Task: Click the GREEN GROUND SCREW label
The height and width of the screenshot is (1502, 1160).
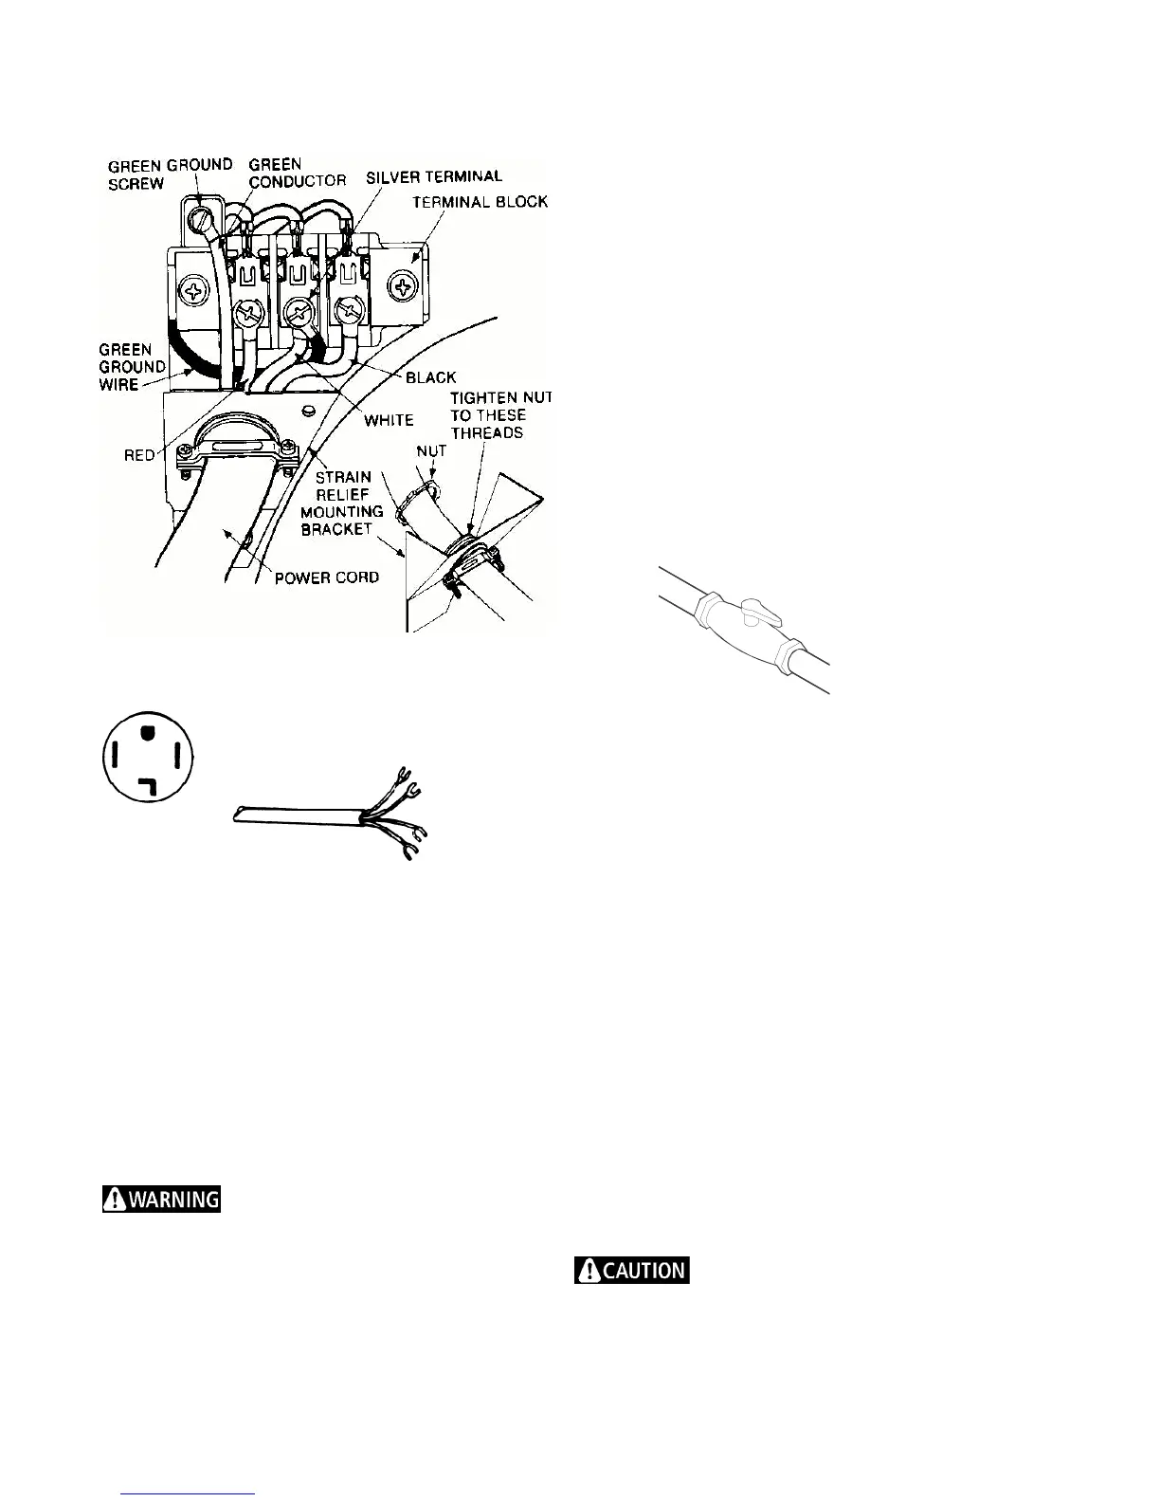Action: (x=170, y=174)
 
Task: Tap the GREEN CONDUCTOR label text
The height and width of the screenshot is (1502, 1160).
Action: (x=297, y=172)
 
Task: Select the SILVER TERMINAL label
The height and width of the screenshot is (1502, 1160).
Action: (x=434, y=176)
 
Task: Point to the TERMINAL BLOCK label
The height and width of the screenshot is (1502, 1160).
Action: (x=480, y=202)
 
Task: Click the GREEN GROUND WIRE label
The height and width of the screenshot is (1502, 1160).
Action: (x=133, y=367)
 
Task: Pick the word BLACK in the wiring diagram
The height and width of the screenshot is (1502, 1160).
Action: (x=430, y=377)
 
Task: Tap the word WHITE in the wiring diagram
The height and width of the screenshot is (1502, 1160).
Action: (x=389, y=419)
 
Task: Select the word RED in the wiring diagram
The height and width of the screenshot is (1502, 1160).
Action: (x=140, y=456)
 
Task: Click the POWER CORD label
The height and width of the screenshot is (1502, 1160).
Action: (x=327, y=577)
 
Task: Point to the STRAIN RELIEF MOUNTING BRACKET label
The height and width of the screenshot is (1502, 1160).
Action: (x=342, y=503)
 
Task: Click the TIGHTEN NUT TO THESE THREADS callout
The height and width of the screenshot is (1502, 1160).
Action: (x=500, y=415)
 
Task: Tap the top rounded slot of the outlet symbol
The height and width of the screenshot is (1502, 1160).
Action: (x=148, y=732)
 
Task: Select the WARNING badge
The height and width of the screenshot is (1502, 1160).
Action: (x=162, y=1199)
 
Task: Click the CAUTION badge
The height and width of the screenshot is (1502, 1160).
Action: (x=632, y=1270)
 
